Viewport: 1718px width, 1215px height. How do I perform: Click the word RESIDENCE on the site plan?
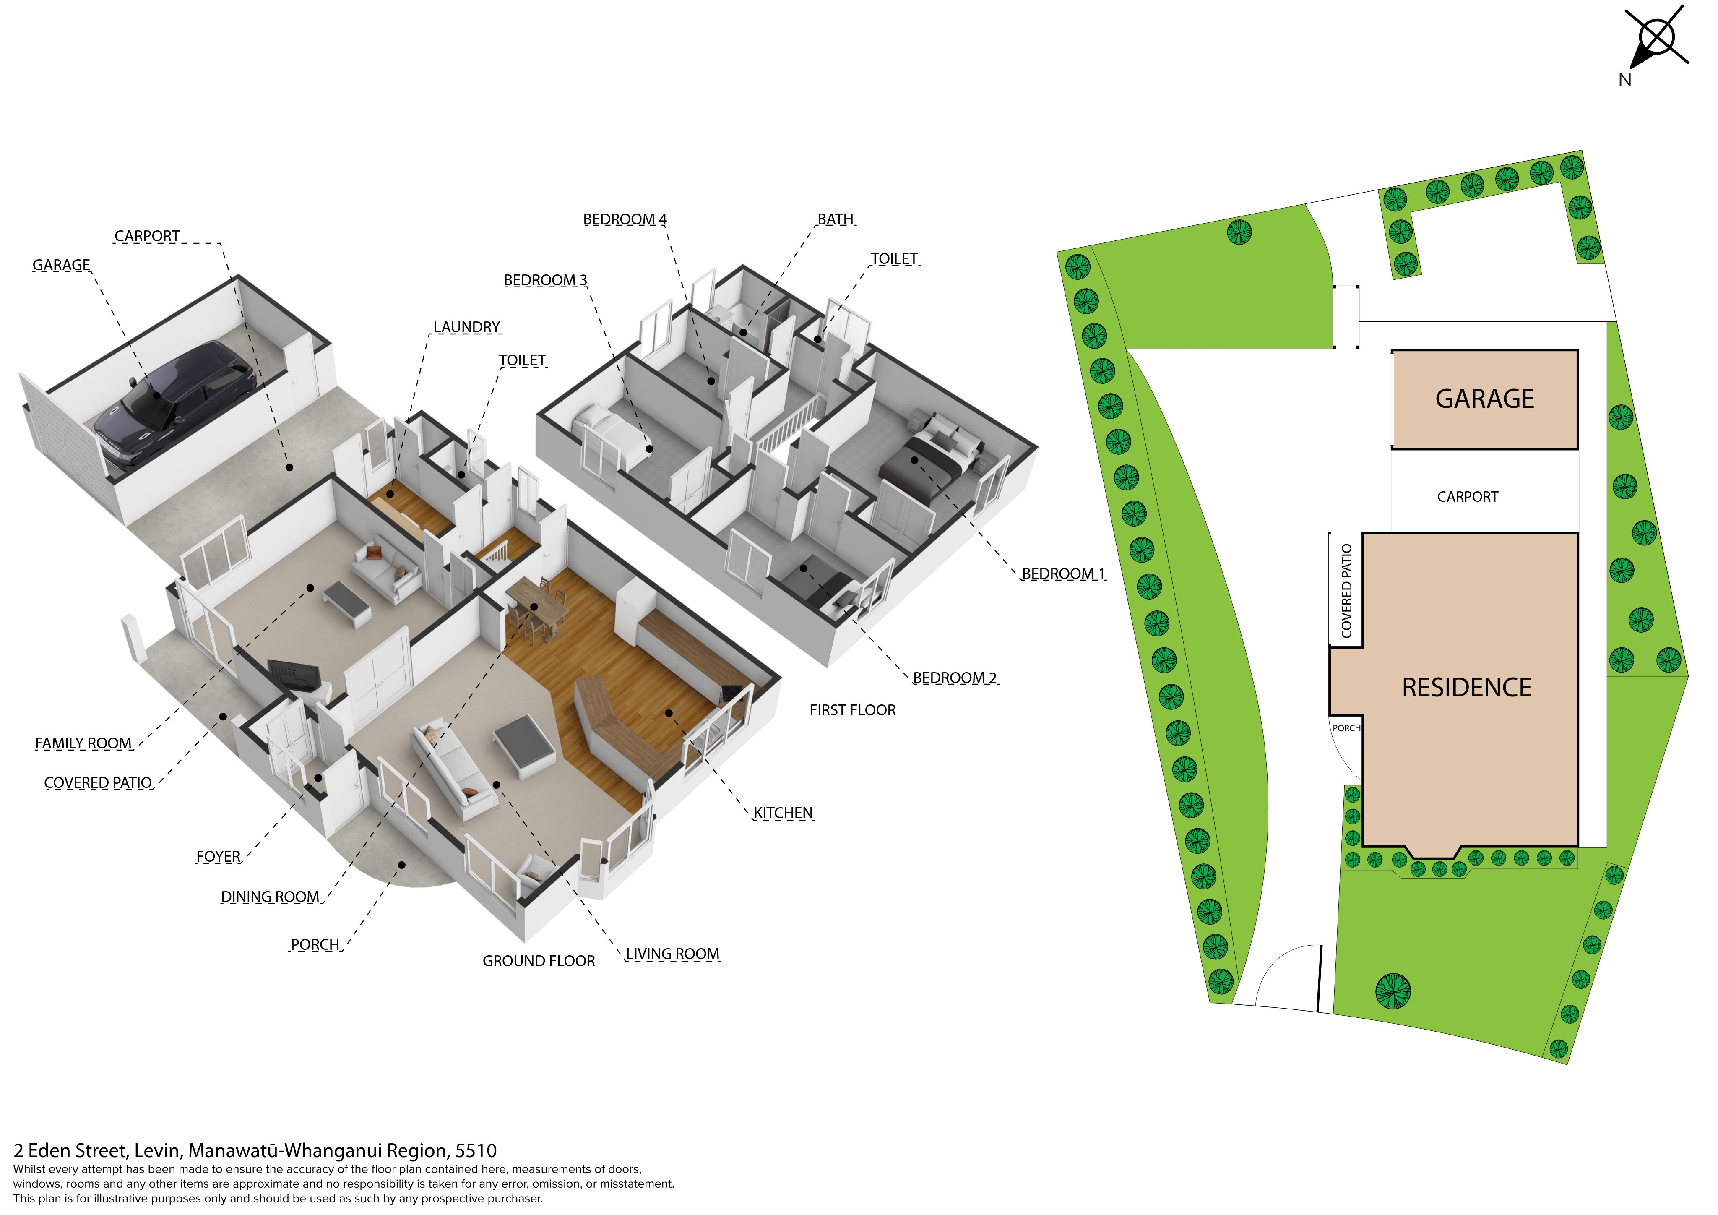click(x=1467, y=687)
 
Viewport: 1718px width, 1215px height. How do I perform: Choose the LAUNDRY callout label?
click(x=467, y=327)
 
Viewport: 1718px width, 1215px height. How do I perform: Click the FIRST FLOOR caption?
click(x=852, y=710)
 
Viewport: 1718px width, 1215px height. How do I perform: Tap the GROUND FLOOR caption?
click(x=539, y=960)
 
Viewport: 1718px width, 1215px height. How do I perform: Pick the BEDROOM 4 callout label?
click(x=625, y=219)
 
